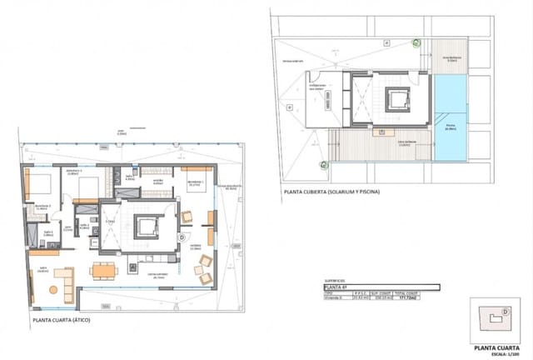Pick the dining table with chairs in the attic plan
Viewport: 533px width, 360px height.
click(102, 270)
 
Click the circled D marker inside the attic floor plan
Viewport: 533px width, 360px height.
click(182, 236)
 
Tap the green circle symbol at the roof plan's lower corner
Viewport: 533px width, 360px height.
click(319, 162)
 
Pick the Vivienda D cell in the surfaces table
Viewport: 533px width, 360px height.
click(335, 297)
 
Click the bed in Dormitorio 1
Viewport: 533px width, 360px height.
click(195, 188)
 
